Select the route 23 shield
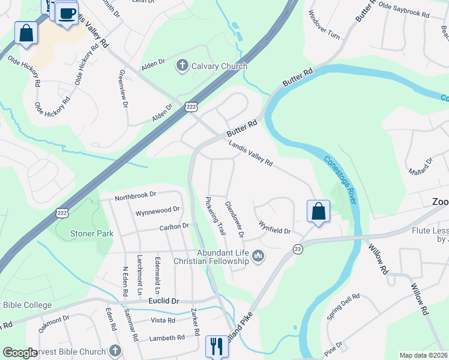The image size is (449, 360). click(x=297, y=248)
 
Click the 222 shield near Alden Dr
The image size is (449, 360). click(x=191, y=106)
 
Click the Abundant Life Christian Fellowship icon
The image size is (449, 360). click(x=259, y=256)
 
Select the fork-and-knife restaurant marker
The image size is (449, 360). click(x=217, y=346)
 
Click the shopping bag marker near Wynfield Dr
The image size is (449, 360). click(x=318, y=211)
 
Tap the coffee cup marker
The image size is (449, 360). click(x=67, y=13)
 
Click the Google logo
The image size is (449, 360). click(x=20, y=353)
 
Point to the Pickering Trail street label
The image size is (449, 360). click(x=215, y=216)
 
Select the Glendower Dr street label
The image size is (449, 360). click(x=234, y=223)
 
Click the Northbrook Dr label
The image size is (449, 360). click(x=135, y=195)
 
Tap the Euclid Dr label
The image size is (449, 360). click(x=163, y=300)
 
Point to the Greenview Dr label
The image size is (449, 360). click(x=124, y=88)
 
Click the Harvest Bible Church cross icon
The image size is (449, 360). click(x=115, y=350)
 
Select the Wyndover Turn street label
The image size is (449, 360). click(x=324, y=25)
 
